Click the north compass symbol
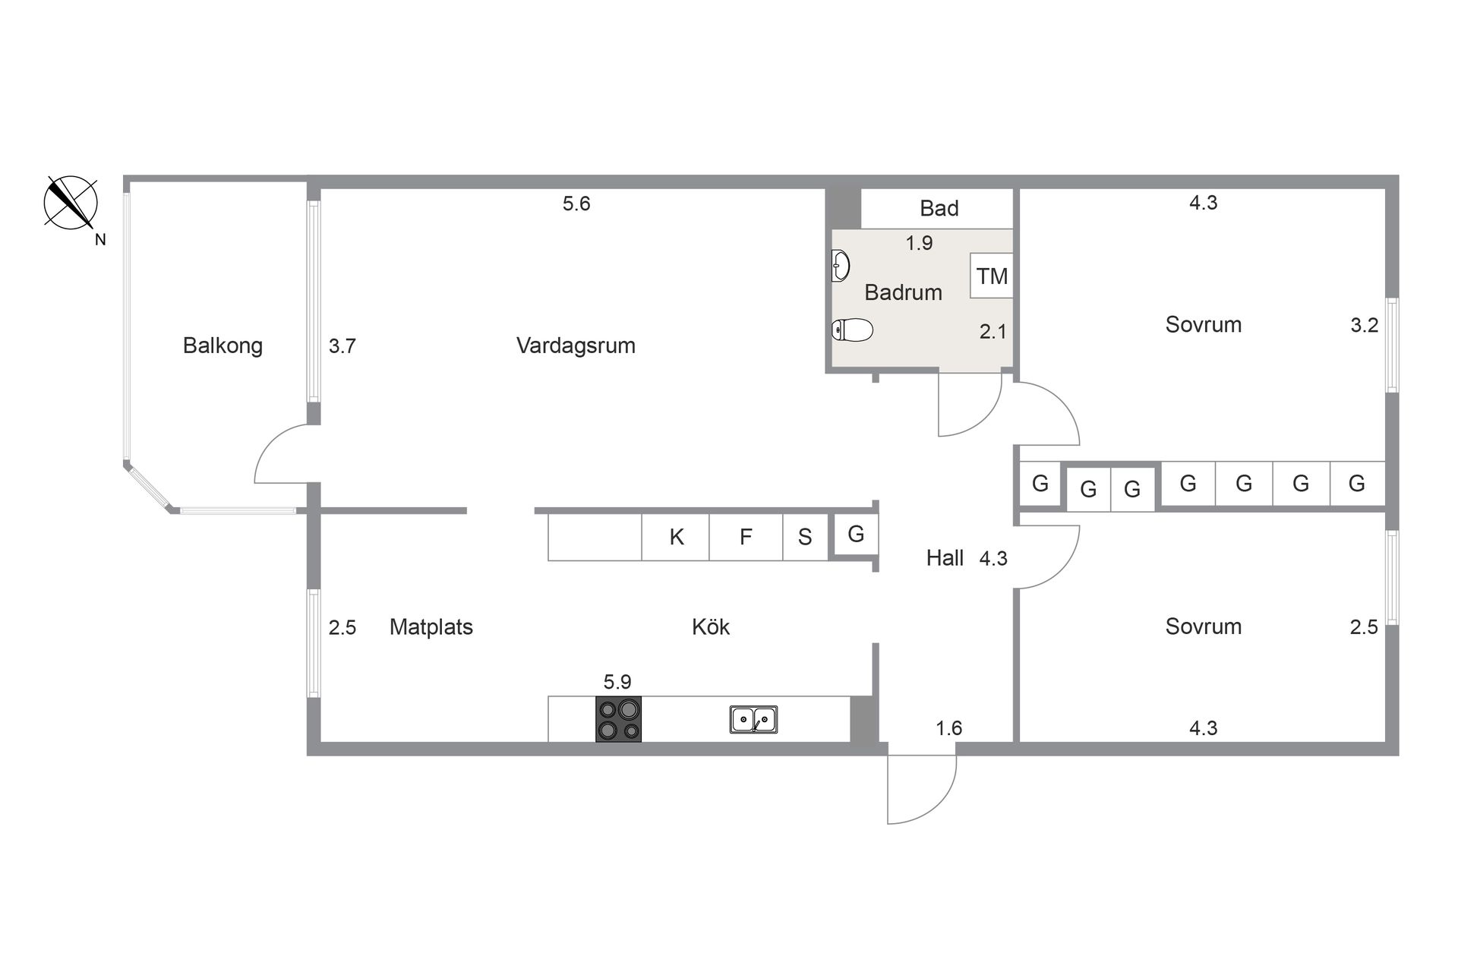[x=71, y=203]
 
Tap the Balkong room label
[x=222, y=346]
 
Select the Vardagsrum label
[x=576, y=346]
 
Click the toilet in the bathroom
[x=853, y=330]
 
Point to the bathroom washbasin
[x=841, y=266]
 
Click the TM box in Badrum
[x=992, y=276]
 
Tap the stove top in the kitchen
[x=618, y=719]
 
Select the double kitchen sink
[x=753, y=719]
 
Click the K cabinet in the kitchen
[x=676, y=537]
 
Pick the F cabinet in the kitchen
[x=746, y=537]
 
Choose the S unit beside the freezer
[x=805, y=537]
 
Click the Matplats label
[x=431, y=627]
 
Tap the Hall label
[x=945, y=558]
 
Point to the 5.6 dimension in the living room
[x=576, y=204]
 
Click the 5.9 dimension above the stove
[x=617, y=681]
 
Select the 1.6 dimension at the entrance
[x=948, y=728]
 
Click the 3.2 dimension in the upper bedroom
[x=1364, y=325]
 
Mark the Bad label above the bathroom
[x=939, y=208]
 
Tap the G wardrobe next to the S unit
[x=856, y=535]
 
